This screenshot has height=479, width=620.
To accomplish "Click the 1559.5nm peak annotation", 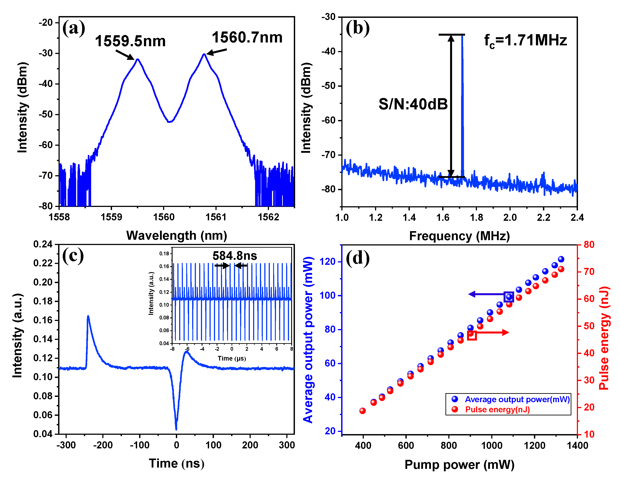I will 130,41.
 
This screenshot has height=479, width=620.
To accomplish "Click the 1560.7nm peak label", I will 247,37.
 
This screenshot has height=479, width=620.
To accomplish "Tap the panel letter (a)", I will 74,28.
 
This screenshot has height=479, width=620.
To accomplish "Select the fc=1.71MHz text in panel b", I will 525,41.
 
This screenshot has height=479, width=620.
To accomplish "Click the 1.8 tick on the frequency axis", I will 476,217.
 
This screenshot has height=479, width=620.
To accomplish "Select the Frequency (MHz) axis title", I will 459,236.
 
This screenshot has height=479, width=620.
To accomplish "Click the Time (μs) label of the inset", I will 232,359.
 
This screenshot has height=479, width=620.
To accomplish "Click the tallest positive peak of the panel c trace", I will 88,316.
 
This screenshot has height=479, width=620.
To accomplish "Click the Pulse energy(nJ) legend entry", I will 497,409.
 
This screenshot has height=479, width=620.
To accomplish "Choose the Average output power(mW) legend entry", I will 517,400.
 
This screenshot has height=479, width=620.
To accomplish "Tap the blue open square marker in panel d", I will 508,297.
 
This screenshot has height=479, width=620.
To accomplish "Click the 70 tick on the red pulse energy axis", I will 589,272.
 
